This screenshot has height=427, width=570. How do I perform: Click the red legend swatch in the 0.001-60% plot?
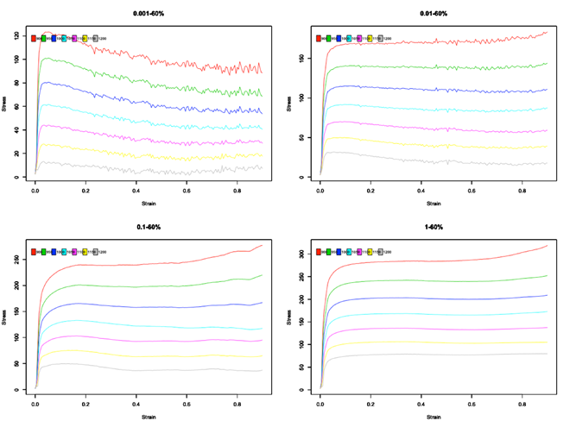coord(34,39)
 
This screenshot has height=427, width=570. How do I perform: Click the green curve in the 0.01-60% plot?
coord(432,66)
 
